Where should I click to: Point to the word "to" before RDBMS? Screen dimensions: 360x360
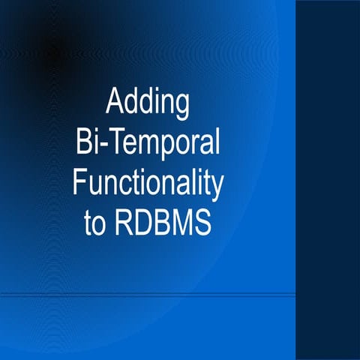(x=97, y=224)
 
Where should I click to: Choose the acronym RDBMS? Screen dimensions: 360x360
(x=165, y=224)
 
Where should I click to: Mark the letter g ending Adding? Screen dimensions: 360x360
(x=180, y=106)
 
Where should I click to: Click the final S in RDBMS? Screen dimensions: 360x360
(x=204, y=224)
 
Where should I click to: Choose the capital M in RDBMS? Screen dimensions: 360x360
(x=182, y=224)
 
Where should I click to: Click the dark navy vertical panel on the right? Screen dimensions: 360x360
(x=328, y=180)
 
